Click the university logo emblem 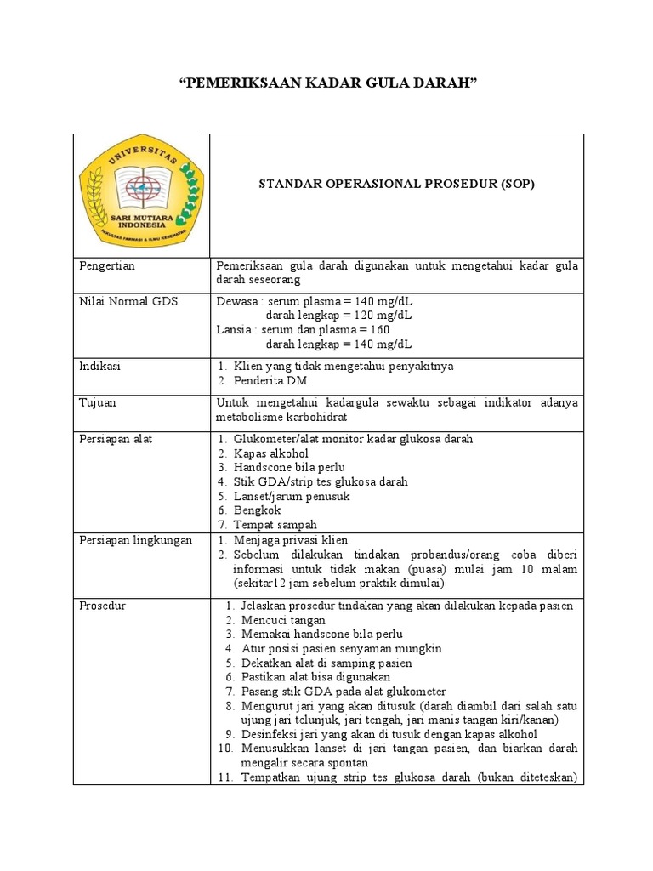point(141,196)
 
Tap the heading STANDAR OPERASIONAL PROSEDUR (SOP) point(397,184)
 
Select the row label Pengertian point(107,266)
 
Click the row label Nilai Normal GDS point(128,301)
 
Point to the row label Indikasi point(100,366)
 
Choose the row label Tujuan point(99,402)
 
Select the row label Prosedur point(102,606)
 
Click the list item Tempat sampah point(275,525)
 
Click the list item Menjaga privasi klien point(290,540)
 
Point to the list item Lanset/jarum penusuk point(292,496)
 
